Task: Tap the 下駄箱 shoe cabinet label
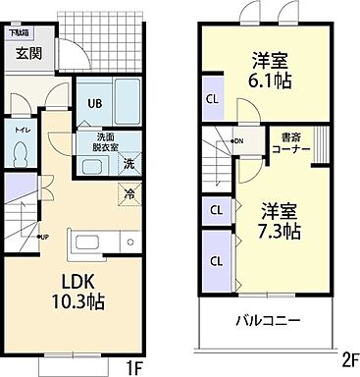(19, 32)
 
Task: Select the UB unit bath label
(96, 103)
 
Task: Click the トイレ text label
(21, 129)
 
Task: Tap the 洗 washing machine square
(129, 163)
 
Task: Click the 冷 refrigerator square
(129, 193)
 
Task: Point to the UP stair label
(43, 236)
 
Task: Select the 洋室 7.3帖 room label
(281, 221)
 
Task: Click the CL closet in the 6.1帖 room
(212, 98)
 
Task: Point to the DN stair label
(237, 140)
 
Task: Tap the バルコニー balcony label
(266, 321)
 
